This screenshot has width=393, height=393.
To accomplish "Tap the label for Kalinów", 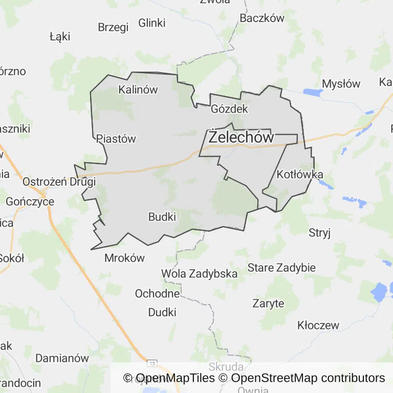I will (138, 90).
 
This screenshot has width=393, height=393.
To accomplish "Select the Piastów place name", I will (116, 139).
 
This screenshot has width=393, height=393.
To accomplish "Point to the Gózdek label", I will (229, 109).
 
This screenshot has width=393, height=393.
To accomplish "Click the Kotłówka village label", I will (300, 174).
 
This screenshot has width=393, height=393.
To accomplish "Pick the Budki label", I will (162, 217).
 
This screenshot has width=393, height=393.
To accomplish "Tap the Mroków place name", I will (125, 258).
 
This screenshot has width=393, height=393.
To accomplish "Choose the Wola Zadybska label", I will (199, 274).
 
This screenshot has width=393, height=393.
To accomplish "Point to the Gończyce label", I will (30, 202).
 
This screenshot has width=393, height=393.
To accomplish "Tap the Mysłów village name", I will (341, 84).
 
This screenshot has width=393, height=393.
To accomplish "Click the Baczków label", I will (262, 18).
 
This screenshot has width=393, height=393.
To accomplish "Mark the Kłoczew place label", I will (318, 325).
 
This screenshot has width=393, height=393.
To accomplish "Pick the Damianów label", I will (62, 358).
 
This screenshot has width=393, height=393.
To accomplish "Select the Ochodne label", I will (158, 294).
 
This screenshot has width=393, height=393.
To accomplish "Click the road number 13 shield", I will (152, 363).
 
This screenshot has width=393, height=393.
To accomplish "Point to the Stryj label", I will (320, 233).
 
